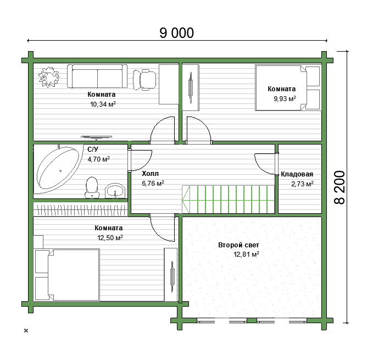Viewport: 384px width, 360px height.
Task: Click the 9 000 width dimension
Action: (x=176, y=33)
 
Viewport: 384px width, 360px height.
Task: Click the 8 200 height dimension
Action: (x=340, y=187)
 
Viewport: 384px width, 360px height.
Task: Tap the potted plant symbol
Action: (x=49, y=77)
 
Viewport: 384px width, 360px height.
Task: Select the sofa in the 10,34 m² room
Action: (x=97, y=76)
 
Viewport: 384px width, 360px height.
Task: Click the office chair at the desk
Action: (x=144, y=79)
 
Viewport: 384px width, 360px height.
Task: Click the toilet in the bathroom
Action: (x=92, y=187)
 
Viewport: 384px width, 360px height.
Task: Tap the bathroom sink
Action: (x=115, y=190)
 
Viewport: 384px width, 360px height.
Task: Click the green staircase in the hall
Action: (x=228, y=200)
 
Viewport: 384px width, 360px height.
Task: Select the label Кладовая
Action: (x=297, y=174)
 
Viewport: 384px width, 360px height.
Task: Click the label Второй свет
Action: (x=238, y=245)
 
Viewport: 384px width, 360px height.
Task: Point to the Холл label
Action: (x=150, y=174)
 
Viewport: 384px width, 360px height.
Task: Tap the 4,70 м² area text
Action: (x=98, y=159)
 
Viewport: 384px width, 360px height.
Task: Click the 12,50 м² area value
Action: (x=110, y=238)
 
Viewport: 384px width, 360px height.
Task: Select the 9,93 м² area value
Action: (x=285, y=99)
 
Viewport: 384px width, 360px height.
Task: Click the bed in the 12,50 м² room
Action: (x=68, y=275)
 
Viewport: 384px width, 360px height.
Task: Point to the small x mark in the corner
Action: (x=26, y=330)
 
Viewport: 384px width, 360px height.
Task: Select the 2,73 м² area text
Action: (x=302, y=184)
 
